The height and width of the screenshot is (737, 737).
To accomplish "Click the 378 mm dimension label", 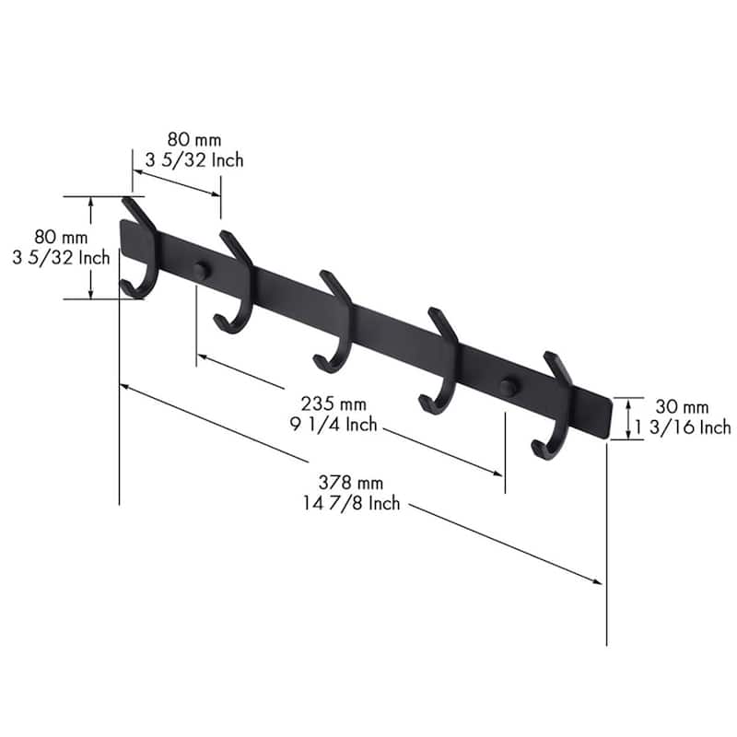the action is pos(351,483).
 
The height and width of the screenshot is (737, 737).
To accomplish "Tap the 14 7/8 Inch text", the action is pos(351,503).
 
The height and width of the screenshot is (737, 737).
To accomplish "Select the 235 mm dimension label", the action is pos(333,404).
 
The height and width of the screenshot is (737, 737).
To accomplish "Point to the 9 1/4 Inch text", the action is pos(333,425).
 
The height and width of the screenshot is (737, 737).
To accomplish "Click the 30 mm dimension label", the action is pos(682,406).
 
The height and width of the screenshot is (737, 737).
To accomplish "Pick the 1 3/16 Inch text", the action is pos(684,427).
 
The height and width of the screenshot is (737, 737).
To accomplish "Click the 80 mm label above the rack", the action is pos(194,140).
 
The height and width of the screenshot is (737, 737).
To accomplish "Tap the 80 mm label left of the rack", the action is pos(61,237).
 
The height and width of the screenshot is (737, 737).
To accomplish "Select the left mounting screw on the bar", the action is pos(201,270).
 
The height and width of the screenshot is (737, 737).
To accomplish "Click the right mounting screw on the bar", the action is pos(509,386).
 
